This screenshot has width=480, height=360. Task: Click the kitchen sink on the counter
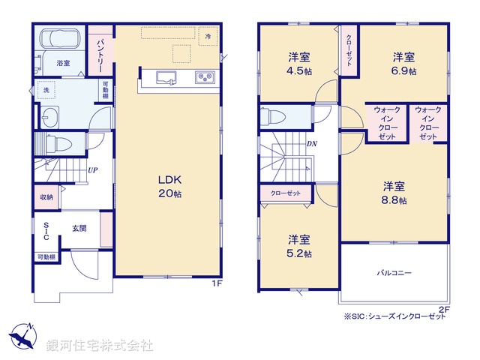pyautogui.click(x=164, y=76)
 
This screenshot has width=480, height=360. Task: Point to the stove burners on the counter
pyautogui.click(x=205, y=76)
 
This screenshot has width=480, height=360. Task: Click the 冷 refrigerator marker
pyautogui.click(x=209, y=36)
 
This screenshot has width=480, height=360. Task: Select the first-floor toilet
pyautogui.click(x=61, y=144)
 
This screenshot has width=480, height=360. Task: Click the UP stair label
pyautogui.click(x=91, y=170)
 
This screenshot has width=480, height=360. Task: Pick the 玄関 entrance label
pyautogui.click(x=79, y=229)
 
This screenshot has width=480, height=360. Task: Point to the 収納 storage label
pyautogui.click(x=46, y=197)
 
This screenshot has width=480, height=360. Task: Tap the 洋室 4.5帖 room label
pyautogui.click(x=298, y=64)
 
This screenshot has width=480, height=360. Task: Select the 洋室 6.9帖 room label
pyautogui.click(x=403, y=64)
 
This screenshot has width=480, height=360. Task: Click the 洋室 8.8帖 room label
pyautogui.click(x=394, y=193)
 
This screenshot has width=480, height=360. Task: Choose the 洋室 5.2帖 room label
pyautogui.click(x=299, y=246)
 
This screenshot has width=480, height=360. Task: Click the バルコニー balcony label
pyautogui.click(x=394, y=273)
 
